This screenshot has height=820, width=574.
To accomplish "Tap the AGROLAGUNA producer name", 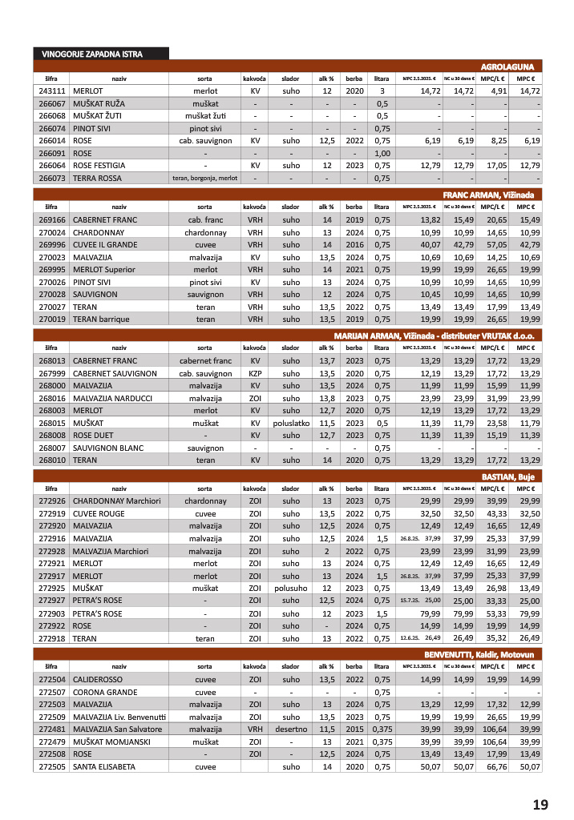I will (x=511, y=66).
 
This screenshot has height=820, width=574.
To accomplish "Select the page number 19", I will (x=540, y=804).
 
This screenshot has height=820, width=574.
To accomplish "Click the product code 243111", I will (x=51, y=92).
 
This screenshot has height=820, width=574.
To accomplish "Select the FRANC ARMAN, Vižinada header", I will (x=492, y=195).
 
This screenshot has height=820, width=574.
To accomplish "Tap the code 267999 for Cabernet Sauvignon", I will (x=51, y=373).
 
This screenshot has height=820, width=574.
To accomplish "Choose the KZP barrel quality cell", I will (x=255, y=373).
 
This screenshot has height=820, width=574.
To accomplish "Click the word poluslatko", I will (x=290, y=422).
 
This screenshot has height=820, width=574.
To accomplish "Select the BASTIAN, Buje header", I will (x=512, y=476).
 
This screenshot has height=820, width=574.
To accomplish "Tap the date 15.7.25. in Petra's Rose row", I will (x=410, y=600).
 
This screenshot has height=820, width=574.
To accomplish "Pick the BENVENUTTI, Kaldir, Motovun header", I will (x=483, y=654).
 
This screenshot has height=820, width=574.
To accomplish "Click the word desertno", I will (x=290, y=729).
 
